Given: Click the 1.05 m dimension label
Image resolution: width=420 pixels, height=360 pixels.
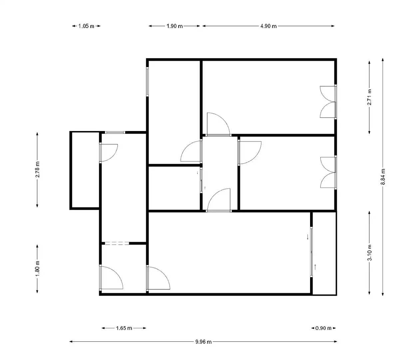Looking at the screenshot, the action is tap(86, 26).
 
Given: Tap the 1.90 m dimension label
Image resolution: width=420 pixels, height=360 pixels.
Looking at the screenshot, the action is tap(175, 26).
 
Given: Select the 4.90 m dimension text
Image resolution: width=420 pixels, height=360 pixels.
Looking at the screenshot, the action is tap(268, 26).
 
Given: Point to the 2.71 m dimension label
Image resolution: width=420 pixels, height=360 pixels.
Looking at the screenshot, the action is tap(369, 97).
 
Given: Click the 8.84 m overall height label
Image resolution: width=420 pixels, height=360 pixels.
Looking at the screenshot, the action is tap(383, 177).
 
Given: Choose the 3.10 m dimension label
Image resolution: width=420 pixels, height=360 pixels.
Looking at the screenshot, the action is tap(369, 253).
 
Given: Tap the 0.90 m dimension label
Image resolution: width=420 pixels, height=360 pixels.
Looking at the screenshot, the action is tap(323, 328).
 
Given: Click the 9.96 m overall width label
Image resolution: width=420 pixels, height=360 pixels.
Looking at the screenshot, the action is tap(204, 342).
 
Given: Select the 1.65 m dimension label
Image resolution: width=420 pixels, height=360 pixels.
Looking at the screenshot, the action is tap(124, 328).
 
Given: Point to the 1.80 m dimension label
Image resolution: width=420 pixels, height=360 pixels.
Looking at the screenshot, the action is tap(37, 268).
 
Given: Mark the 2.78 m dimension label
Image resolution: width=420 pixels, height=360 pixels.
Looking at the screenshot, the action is tap(37, 169).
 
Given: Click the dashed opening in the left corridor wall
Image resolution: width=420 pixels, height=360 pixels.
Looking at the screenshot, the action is tap(117, 243).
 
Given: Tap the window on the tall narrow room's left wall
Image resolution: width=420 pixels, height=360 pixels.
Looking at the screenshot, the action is tap(148, 81).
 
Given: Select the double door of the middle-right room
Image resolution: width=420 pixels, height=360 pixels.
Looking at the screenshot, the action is tap(328, 172).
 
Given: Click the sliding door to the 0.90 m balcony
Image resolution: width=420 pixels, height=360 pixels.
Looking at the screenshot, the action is tap(311, 252).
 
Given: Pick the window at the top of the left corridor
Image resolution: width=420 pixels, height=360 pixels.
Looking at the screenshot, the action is tap(115, 132).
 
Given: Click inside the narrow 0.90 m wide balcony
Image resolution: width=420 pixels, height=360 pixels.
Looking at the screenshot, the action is tap(324, 253).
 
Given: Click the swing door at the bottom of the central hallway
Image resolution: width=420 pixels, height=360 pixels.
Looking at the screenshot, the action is tap(219, 200).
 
